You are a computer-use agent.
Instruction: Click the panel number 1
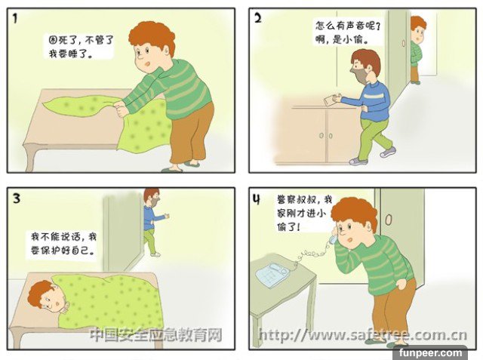click(x=15, y=19)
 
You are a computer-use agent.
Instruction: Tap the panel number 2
click(x=258, y=18)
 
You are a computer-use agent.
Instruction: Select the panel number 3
click(x=17, y=198)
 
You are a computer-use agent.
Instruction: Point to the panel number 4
click(x=257, y=199)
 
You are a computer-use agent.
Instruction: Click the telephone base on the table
click(x=272, y=275)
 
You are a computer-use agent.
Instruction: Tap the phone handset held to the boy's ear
click(x=333, y=236)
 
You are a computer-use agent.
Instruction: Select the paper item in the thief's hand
click(x=330, y=100)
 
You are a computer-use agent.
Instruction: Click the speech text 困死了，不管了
click(x=82, y=40)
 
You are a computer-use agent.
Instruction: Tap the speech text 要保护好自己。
click(x=63, y=250)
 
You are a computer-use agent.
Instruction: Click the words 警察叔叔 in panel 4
click(x=297, y=199)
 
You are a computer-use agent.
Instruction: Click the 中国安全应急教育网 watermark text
click(x=156, y=335)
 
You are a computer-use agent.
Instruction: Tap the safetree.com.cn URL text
click(x=363, y=335)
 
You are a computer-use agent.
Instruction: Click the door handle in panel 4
click(x=389, y=220)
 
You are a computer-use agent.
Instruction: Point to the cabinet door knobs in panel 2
click(x=326, y=136)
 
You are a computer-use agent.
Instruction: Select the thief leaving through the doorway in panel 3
click(x=153, y=222)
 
